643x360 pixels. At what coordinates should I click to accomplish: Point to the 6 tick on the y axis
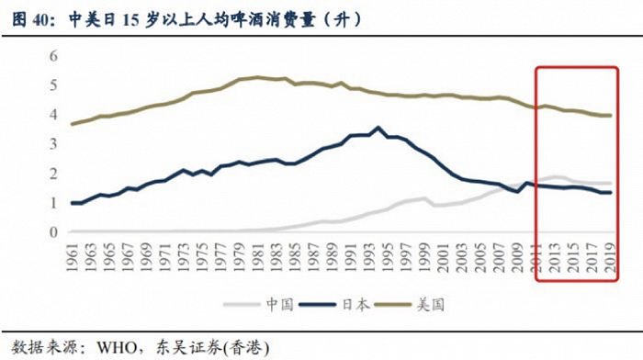pos(52,56)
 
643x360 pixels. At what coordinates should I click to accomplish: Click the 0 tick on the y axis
pos(52,232)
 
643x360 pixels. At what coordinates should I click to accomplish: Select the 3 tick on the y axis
pos(52,144)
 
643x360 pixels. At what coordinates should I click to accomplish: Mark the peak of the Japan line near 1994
pos(378,128)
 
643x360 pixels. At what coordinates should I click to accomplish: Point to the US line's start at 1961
pos(72,124)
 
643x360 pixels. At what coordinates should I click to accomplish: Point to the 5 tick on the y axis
pos(52,85)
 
